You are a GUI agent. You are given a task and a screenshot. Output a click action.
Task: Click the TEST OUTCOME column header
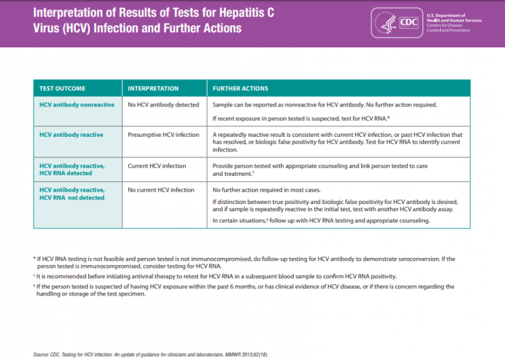pyautogui.click(x=62, y=88)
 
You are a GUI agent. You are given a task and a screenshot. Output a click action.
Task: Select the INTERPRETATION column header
pyautogui.click(x=153, y=88)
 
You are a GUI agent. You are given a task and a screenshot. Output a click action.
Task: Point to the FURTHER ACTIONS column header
pyautogui.click(x=241, y=88)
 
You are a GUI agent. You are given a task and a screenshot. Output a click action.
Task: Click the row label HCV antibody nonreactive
pyautogui.click(x=77, y=105)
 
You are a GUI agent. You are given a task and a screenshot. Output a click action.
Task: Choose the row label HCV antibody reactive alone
pyautogui.click(x=71, y=135)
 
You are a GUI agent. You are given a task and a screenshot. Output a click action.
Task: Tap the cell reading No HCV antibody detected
pyautogui.click(x=163, y=105)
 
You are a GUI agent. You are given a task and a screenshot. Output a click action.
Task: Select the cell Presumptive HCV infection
pyautogui.click(x=163, y=135)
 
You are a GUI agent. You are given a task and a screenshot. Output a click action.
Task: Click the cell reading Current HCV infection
pyautogui.click(x=156, y=166)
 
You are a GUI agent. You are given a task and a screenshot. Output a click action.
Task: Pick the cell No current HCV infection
pyautogui.click(x=161, y=190)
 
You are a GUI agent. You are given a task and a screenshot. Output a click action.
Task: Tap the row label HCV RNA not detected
pyautogui.click(x=72, y=197)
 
